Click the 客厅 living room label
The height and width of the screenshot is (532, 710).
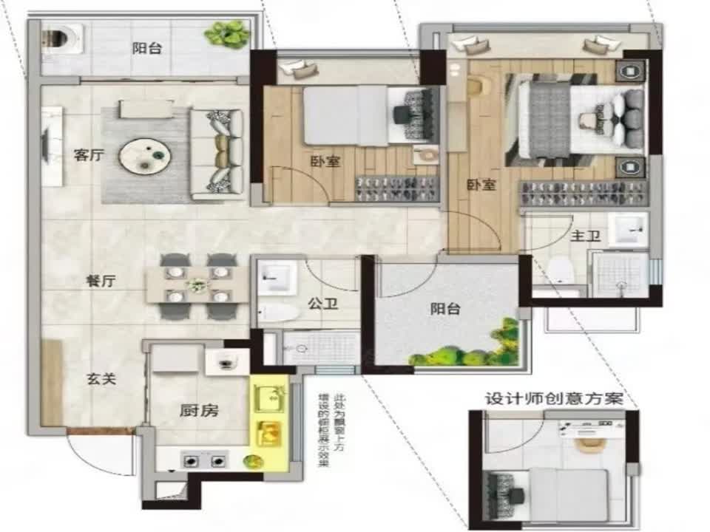87,156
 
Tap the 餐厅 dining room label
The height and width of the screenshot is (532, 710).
99,282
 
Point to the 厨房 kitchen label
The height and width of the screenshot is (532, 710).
199,412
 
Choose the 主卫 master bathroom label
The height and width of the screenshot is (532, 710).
585,237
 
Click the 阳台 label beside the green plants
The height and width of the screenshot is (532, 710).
444,309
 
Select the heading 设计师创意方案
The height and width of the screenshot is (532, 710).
552,399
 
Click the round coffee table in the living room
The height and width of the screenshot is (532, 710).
146,156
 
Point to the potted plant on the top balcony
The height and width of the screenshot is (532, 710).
227,33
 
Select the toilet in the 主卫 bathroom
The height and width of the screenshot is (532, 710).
561,270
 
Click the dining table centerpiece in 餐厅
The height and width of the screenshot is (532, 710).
197,283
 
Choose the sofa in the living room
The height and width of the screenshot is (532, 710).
217,154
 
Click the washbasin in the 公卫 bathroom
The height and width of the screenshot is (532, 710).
276,278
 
